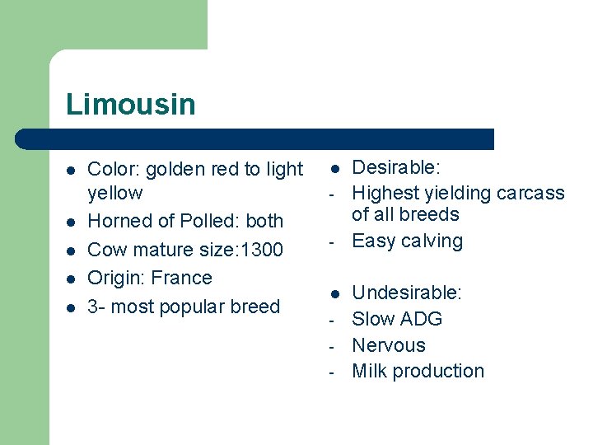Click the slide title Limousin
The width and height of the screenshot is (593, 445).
point(131,105)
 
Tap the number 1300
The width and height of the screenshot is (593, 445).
point(259,250)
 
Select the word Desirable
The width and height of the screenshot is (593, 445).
point(395,168)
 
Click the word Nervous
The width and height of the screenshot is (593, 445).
point(389,345)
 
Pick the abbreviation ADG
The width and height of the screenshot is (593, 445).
point(422,319)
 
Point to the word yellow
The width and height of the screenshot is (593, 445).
point(114,194)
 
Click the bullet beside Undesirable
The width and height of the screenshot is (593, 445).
point(335,293)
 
